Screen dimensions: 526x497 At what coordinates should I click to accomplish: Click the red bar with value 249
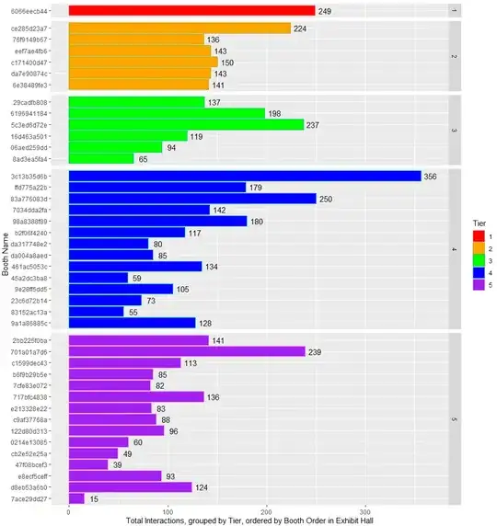(x=191, y=11)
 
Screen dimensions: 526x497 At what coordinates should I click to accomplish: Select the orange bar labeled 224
(x=179, y=29)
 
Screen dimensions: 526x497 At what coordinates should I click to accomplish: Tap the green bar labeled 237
(x=186, y=124)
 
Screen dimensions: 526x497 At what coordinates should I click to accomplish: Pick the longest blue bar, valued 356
(x=245, y=176)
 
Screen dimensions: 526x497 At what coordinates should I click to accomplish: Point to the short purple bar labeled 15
(x=76, y=498)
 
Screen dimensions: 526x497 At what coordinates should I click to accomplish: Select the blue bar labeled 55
(x=96, y=312)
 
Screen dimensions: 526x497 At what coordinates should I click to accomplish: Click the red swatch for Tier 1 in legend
(x=476, y=236)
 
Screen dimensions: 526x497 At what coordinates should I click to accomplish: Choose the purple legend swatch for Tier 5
(x=476, y=284)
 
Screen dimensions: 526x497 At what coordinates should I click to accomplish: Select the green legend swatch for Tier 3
(x=476, y=260)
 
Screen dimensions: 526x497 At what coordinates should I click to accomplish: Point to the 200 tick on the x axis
(x=266, y=511)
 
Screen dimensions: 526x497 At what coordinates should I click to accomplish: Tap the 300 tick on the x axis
(x=365, y=511)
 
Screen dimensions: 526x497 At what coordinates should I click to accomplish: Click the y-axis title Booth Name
(x=6, y=255)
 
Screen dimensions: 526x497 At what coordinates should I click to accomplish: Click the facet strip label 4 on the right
(x=454, y=249)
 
